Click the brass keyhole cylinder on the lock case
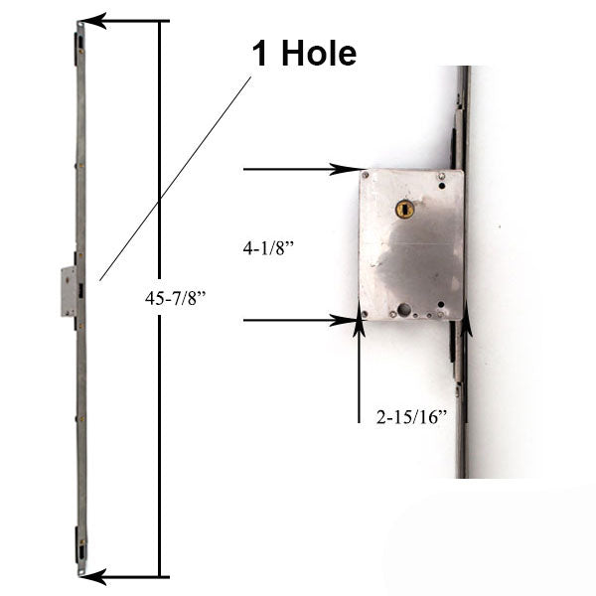tap(403, 210)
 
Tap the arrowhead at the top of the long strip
tap(92, 20)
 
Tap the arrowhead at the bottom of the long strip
tap(92, 576)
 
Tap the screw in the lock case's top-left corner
tap(366, 177)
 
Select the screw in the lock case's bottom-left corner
tap(366, 315)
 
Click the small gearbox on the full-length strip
tap(68, 291)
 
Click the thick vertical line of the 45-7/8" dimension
tap(160, 298)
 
